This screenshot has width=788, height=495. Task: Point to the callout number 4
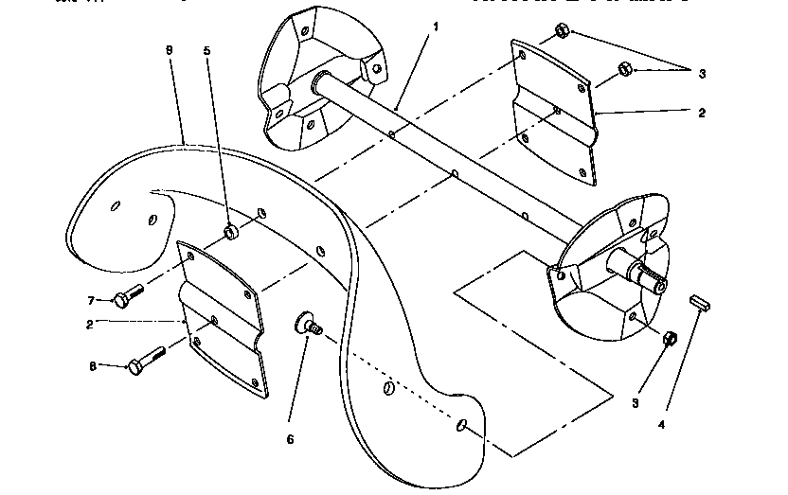(x=662, y=425)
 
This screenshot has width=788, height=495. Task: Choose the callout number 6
(x=291, y=439)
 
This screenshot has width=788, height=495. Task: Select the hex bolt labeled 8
(x=147, y=360)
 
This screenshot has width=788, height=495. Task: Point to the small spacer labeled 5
(x=229, y=232)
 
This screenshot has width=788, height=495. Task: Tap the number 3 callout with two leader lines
(x=703, y=73)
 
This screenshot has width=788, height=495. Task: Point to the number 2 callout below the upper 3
(x=702, y=113)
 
